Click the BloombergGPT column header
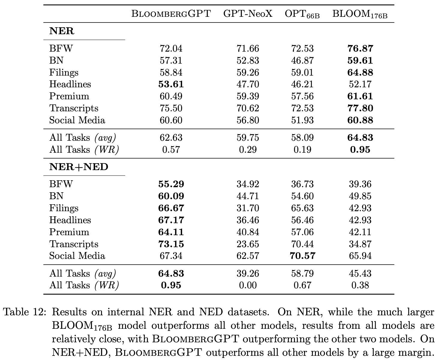(x=171, y=14)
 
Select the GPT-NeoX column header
(x=248, y=14)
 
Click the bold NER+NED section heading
(x=79, y=167)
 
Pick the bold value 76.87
(x=360, y=48)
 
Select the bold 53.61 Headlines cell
(x=171, y=84)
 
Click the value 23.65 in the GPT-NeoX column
(x=248, y=244)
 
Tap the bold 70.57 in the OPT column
(x=302, y=256)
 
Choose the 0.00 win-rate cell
(x=248, y=285)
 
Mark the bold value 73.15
(x=171, y=244)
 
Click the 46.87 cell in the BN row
(x=302, y=60)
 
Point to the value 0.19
(x=302, y=149)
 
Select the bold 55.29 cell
(x=171, y=184)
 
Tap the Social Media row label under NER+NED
(x=77, y=256)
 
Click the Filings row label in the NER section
(x=64, y=72)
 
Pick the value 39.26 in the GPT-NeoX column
(x=248, y=273)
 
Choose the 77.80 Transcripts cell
(x=360, y=108)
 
